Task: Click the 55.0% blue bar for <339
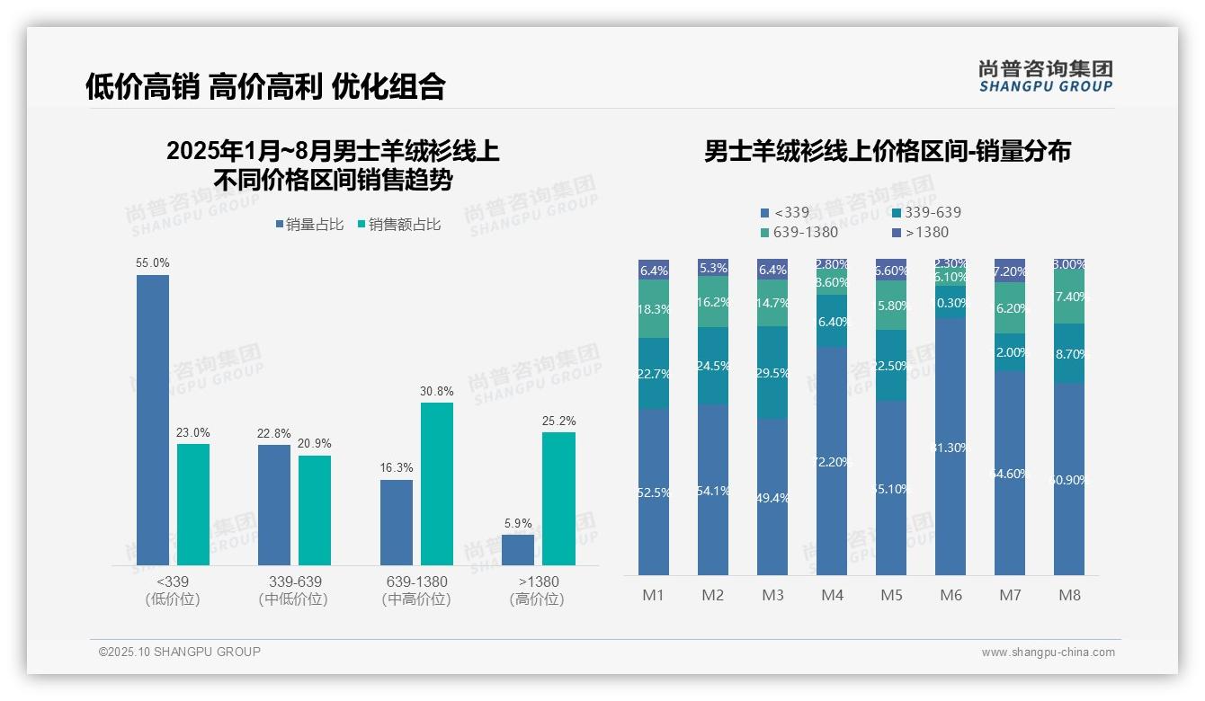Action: point(153,420)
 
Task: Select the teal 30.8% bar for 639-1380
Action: point(437,484)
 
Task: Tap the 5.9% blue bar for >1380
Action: point(518,550)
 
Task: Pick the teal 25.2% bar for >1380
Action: point(558,499)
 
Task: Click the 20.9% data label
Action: point(315,443)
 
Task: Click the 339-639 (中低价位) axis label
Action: point(294,590)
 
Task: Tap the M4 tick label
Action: point(832,595)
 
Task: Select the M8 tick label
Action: point(1069,595)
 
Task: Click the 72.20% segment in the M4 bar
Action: point(832,461)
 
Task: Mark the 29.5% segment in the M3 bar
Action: point(772,373)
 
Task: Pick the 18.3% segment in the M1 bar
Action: point(654,309)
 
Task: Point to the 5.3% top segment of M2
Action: point(713,267)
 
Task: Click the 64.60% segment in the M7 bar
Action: point(1010,473)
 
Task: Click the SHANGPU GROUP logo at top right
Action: point(1046,76)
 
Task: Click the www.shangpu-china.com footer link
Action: point(1048,652)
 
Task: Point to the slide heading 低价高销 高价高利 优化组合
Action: point(265,86)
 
